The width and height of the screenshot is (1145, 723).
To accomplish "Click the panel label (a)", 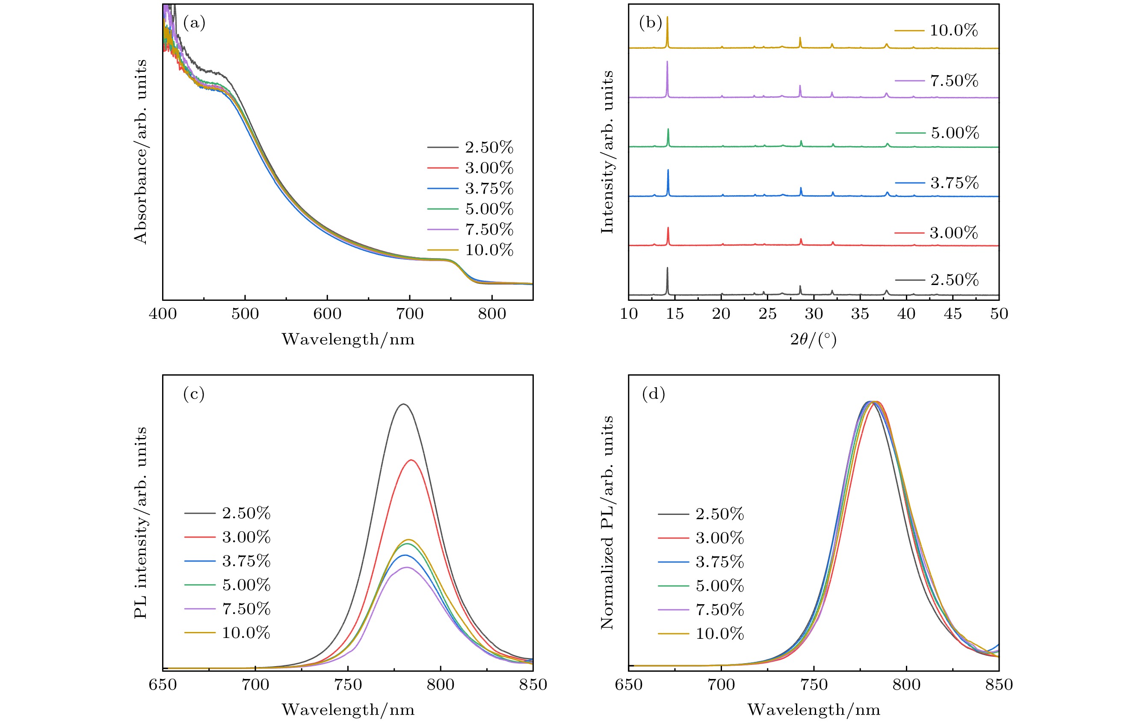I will pos(194,23).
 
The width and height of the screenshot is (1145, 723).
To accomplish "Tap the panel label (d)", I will pos(653,394).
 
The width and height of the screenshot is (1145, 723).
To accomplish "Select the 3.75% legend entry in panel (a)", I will pos(489,188).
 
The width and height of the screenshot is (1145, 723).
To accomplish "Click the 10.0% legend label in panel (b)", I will pos(953,30).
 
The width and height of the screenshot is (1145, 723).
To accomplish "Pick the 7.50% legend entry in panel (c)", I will pos(246,609).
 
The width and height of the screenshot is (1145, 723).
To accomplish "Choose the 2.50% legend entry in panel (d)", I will pos(719,514).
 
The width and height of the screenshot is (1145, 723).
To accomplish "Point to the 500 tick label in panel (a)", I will pos(245,314).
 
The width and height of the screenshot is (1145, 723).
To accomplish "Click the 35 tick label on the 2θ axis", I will pos(860,314).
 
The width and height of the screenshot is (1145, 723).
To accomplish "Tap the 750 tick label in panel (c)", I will pos(348,685).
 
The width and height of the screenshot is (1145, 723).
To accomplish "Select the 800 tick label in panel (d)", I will pos(906,685).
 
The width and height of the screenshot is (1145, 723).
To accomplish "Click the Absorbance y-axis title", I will pos(140,152).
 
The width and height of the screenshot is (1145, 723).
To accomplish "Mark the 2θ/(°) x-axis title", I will pos(813,339).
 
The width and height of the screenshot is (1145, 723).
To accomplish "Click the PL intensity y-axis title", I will pos(140,523).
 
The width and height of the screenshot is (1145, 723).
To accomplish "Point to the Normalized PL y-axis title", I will pos(607,523).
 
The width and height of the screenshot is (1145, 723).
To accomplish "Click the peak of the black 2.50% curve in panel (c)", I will pos(403,404).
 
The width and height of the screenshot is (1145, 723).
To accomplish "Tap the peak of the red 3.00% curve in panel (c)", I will pos(411,460).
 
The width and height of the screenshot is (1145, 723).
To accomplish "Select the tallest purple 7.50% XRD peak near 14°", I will pos(667,62).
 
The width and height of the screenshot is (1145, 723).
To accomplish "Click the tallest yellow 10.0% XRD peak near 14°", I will pos(667,17).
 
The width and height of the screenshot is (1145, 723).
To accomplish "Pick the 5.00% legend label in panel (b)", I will pos(955,132).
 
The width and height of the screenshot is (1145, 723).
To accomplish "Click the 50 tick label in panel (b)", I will pos(999,314).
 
